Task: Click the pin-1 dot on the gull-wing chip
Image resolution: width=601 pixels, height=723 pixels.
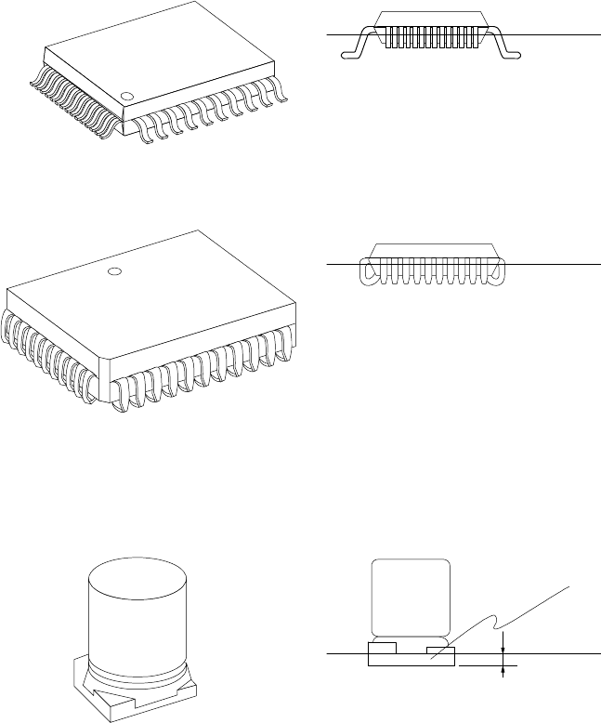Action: click(x=125, y=95)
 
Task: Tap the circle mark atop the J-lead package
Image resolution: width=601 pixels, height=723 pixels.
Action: click(x=113, y=272)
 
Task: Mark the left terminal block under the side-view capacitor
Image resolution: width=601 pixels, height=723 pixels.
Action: click(x=382, y=647)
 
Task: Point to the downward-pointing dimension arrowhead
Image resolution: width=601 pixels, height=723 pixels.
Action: click(x=503, y=648)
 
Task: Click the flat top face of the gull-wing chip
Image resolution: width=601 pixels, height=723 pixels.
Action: click(x=167, y=56)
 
